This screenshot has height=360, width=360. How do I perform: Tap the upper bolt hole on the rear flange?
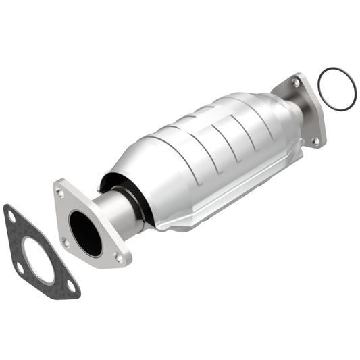coord(295,82)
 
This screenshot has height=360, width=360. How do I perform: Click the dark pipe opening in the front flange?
coord(85,233)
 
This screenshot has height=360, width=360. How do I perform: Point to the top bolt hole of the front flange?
coord(61,192)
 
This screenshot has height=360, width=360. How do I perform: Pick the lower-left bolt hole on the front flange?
coord(66,242)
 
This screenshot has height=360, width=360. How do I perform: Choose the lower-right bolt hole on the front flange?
coord(119,257)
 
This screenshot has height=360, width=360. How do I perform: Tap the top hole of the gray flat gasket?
coord(11,216)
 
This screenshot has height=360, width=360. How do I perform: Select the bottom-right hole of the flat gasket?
coord(70,287)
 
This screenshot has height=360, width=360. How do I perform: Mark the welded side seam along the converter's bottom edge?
coord(223,203)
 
